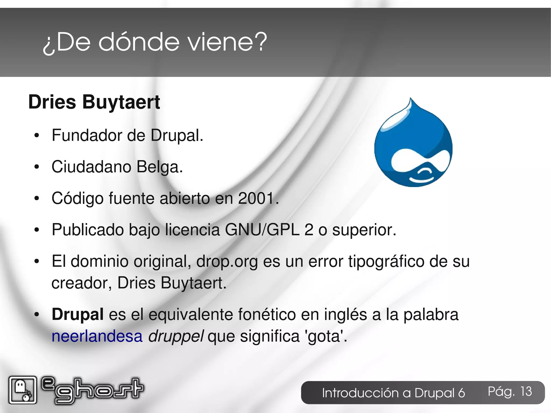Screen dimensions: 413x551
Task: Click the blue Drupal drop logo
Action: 414,147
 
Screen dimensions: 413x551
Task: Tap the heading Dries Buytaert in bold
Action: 94,102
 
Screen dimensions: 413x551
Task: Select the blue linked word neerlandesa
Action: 97,336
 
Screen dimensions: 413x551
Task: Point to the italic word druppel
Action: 176,336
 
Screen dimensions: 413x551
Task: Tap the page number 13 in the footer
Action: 526,391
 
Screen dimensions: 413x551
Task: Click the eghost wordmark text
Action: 93,390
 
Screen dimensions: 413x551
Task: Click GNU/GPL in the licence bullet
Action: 262,230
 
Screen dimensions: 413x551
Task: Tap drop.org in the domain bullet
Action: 227,261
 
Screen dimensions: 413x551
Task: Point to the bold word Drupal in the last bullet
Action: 77,314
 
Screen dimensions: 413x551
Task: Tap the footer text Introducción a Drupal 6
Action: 393,393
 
